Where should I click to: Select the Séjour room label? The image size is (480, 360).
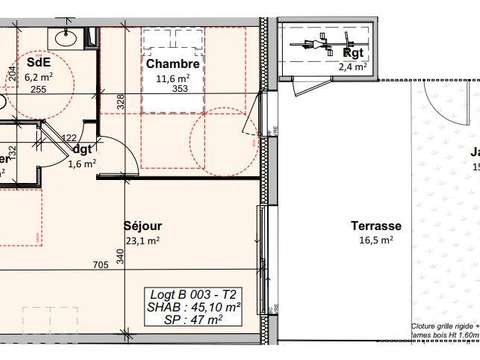pyautogui.click(x=142, y=225)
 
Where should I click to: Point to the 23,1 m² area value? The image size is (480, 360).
pyautogui.click(x=142, y=240)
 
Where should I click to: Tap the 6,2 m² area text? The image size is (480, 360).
pyautogui.click(x=39, y=75)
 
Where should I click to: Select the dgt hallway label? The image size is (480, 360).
pyautogui.click(x=83, y=149)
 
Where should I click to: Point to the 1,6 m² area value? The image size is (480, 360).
pyautogui.click(x=81, y=164)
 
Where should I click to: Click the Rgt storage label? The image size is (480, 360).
pyautogui.click(x=352, y=54)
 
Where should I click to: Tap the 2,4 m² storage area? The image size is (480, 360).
pyautogui.click(x=352, y=67)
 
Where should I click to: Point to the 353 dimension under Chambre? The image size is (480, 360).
pyautogui.click(x=179, y=88)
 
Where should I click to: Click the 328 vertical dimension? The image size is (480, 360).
pyautogui.click(x=120, y=103)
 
